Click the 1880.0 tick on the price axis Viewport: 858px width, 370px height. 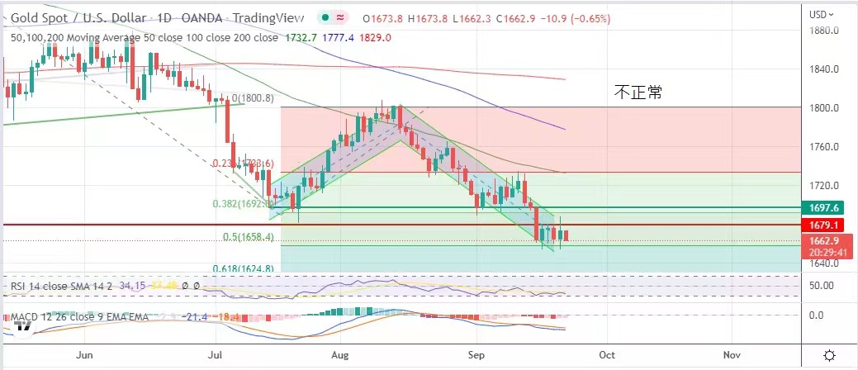827,31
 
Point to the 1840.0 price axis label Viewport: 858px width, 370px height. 827,69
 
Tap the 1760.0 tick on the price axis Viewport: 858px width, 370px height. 827,147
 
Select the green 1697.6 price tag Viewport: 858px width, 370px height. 827,208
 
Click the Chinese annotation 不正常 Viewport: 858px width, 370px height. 638,92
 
